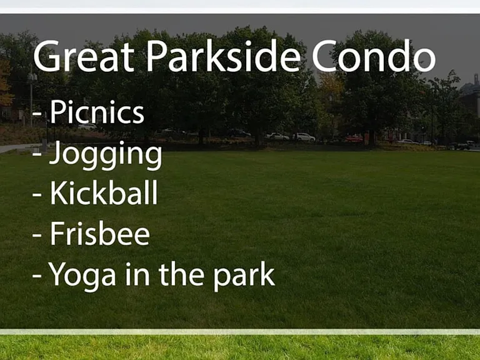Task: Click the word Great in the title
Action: coord(84,56)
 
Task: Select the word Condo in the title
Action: coord(374,56)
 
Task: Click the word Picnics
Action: coord(97,112)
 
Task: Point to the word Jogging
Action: coord(106,155)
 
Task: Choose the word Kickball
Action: coord(104,192)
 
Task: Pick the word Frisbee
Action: coord(100,233)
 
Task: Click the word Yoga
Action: coord(82,276)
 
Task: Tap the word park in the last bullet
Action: coord(244,276)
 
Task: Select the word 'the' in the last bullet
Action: coord(181,274)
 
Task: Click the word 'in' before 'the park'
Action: coord(137,274)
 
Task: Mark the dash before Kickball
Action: coord(37,194)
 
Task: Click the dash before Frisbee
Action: coord(37,235)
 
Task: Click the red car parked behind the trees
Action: coord(354,139)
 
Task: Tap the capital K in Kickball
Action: coord(59,192)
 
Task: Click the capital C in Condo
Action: coord(324,56)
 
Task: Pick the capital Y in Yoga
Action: coord(57,274)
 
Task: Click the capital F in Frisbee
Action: coord(57,233)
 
